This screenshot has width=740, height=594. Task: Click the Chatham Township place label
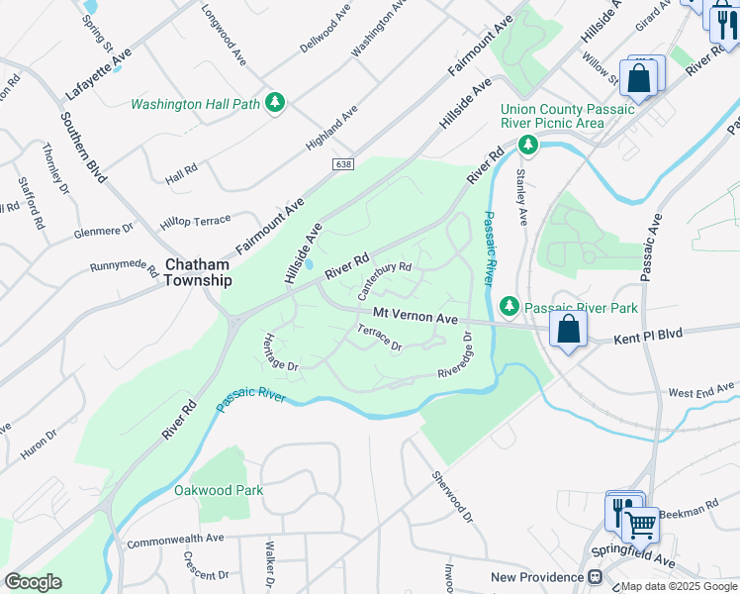pos(198,272)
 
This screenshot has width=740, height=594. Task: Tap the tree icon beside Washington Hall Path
pos(275,103)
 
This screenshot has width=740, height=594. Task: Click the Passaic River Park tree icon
pos(509,308)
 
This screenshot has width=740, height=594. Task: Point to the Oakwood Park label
pos(219,490)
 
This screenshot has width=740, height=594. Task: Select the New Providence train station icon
pos(596,577)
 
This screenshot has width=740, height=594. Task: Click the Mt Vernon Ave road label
pos(416,317)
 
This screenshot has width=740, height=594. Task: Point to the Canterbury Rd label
pos(384,280)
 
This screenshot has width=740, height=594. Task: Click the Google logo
pos(34,582)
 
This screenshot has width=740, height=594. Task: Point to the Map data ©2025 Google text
pos(679,586)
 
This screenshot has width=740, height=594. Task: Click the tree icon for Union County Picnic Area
pos(528,147)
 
